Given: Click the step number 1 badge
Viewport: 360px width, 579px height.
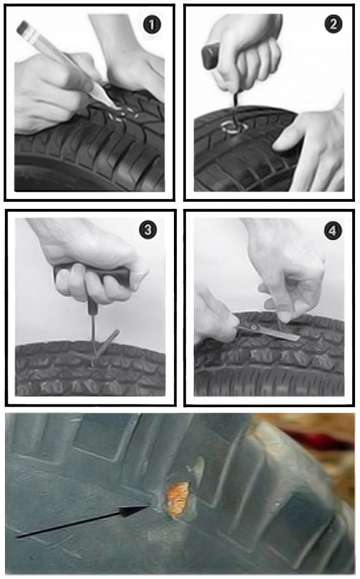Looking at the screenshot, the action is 152,25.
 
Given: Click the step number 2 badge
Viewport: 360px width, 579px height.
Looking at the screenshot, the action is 333,24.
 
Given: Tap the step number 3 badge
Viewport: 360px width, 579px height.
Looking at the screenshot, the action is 148,230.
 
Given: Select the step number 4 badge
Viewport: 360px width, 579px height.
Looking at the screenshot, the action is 333,231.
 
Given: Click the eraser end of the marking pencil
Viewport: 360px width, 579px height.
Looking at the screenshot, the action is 23,27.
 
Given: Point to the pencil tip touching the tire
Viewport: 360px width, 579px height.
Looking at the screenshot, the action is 115,107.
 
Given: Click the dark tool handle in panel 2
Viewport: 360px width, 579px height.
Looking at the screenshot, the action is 211,55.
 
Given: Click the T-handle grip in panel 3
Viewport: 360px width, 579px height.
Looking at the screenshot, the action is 92,275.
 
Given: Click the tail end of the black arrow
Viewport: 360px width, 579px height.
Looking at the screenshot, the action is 17,536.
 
